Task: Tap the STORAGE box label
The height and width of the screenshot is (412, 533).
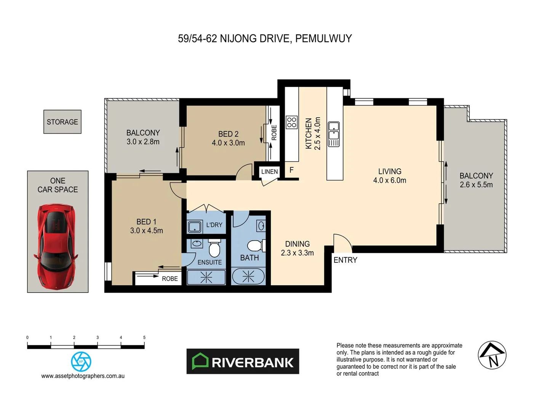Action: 62,122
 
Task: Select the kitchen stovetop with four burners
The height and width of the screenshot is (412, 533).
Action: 292,122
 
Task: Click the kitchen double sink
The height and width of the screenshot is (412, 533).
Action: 334,134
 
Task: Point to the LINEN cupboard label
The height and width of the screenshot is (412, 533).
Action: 269,172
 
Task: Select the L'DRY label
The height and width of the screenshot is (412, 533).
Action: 214,225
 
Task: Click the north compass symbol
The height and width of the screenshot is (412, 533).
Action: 492,355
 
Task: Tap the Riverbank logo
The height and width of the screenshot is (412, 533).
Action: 243,361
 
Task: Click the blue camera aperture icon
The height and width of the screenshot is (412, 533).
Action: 81,361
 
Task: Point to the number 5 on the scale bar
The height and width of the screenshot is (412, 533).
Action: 144,338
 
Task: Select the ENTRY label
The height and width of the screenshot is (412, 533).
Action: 345,260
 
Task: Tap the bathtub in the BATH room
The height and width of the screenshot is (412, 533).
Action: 248,277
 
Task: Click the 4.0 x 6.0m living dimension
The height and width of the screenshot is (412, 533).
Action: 389,180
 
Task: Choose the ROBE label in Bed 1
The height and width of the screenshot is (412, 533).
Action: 170,279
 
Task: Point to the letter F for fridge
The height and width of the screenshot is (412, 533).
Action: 291,170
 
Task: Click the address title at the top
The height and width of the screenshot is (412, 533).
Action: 265,39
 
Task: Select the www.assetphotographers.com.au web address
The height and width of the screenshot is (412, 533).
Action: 83,376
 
